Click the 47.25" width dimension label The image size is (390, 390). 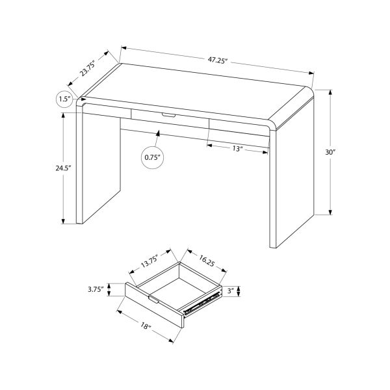click(217, 60)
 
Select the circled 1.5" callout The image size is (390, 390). click(64, 99)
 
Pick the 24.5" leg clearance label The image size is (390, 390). click(63, 168)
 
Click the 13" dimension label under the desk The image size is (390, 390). click(237, 149)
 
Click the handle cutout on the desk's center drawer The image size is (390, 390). click(168, 116)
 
